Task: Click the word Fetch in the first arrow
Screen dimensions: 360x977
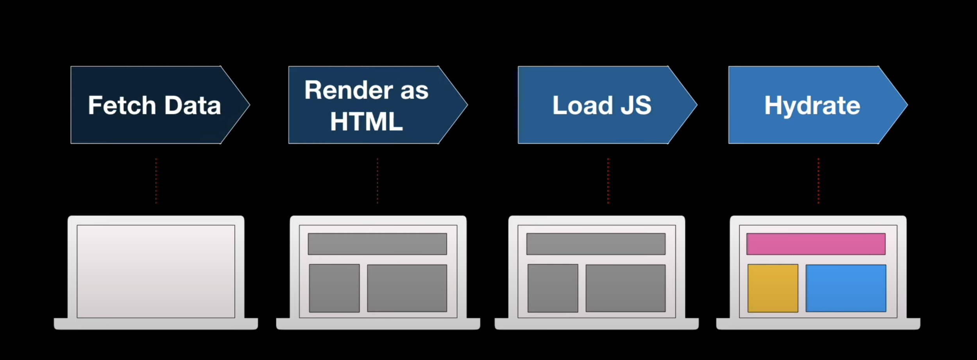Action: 122,106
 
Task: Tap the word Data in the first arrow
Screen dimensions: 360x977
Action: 193,106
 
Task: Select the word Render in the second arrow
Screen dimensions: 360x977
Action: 349,90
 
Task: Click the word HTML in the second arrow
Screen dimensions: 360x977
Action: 366,122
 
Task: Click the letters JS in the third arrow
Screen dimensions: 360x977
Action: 636,106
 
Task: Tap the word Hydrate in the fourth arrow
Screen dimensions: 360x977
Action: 812,106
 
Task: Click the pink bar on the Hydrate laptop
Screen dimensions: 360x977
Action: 816,244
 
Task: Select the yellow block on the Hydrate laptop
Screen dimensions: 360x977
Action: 773,288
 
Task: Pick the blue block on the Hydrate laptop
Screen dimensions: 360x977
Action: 846,288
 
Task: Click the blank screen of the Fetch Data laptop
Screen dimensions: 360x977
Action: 156,271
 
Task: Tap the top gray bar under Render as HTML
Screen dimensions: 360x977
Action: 377,244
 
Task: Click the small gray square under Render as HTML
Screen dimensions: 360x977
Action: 334,288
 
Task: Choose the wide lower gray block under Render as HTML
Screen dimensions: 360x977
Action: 407,288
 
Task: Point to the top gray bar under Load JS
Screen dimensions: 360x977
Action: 596,244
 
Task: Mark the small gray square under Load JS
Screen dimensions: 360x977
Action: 553,288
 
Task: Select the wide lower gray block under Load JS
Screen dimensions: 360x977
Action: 625,288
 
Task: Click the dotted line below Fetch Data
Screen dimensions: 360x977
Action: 156,181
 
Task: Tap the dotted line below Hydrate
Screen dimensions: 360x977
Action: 818,181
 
